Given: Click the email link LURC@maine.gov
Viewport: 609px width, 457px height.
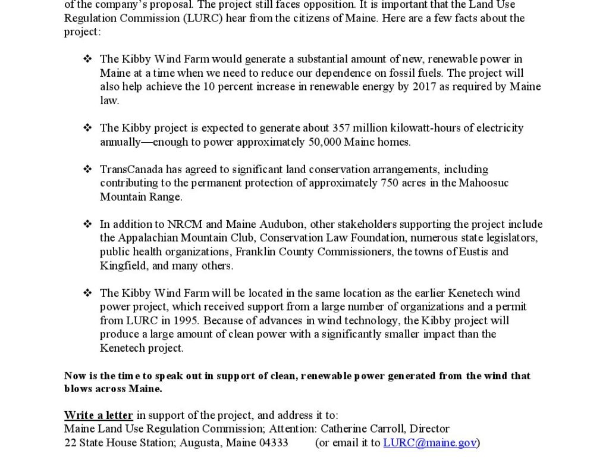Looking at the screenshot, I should (430, 443).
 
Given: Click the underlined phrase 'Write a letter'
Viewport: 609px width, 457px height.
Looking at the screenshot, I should (99, 415).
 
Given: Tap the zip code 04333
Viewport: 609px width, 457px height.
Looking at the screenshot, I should (274, 443).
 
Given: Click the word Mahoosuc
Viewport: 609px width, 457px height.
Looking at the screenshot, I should (484, 183).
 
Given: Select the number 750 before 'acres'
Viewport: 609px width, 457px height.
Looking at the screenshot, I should (388, 183).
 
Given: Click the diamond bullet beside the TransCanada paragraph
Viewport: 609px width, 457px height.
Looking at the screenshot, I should (87, 169).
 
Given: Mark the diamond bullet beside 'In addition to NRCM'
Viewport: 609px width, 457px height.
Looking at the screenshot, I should (87, 224).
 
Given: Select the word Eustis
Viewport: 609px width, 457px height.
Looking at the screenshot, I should (475, 252).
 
